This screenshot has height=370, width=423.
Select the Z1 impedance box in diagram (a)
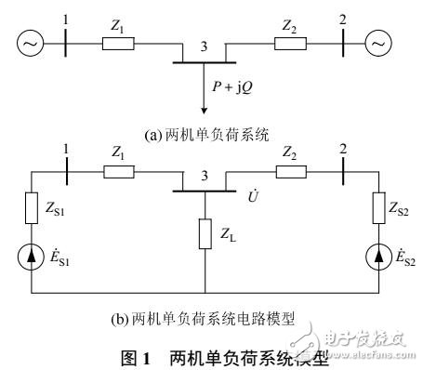pos(119,43)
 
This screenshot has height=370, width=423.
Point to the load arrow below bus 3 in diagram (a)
pos(205,88)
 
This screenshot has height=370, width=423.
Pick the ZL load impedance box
pos(205,235)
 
